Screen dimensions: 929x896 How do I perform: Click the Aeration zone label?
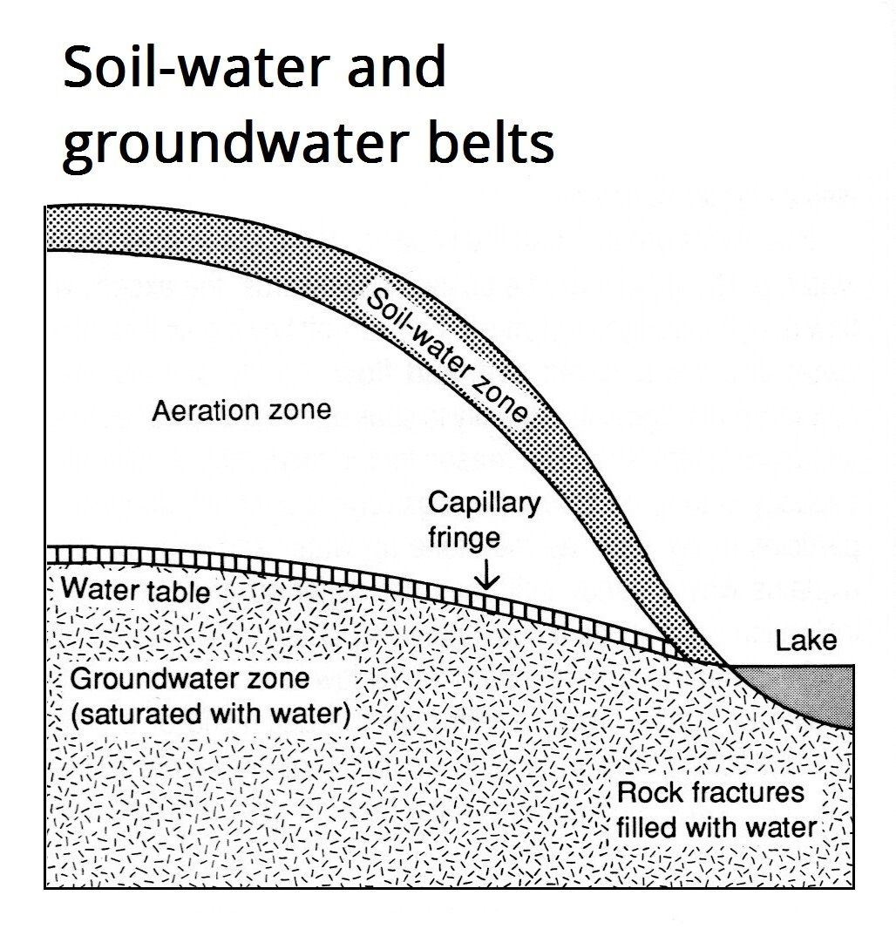click(241, 410)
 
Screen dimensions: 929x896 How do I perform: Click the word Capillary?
click(485, 503)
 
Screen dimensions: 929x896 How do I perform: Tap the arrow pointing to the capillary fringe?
click(486, 576)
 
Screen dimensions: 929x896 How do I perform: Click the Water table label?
click(136, 591)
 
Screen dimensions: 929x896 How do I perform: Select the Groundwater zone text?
click(189, 681)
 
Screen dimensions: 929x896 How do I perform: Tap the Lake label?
click(806, 642)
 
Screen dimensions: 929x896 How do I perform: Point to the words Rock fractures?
click(710, 793)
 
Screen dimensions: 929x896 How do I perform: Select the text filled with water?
click(716, 826)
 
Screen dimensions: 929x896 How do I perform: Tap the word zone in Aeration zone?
click(302, 410)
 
